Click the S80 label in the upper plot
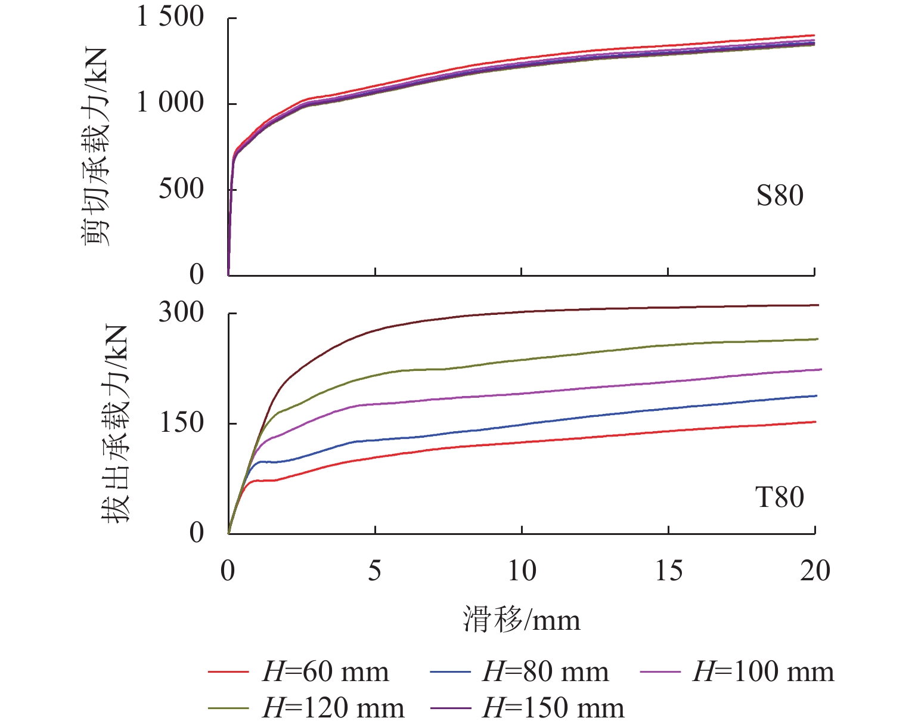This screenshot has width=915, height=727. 780,196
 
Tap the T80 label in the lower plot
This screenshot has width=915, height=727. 780,497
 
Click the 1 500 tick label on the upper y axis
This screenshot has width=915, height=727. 170,17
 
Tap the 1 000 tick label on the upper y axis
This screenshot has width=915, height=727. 170,103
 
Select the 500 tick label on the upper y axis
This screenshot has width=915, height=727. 181,189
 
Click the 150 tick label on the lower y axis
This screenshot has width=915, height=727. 181,423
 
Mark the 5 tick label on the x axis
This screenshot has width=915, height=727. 374,571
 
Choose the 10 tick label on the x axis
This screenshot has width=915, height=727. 522,571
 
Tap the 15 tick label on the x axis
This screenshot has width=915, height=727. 668,571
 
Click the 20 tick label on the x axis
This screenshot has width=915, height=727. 815,571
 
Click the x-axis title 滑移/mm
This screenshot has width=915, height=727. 522,620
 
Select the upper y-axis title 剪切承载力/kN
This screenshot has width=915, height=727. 95,146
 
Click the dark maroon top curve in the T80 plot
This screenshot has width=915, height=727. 522,311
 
